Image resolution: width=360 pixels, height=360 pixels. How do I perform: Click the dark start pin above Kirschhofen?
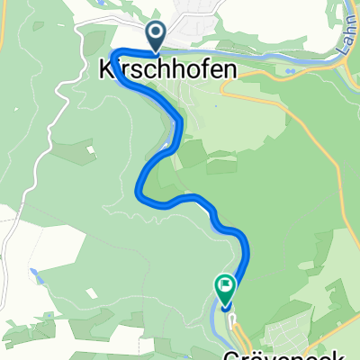(155, 37)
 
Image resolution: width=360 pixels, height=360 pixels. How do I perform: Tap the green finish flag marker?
(224, 288)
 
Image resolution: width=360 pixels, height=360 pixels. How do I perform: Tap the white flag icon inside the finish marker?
(224, 287)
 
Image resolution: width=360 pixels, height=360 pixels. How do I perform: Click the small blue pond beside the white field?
(33, 273)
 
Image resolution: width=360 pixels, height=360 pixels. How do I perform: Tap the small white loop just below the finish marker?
(231, 317)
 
